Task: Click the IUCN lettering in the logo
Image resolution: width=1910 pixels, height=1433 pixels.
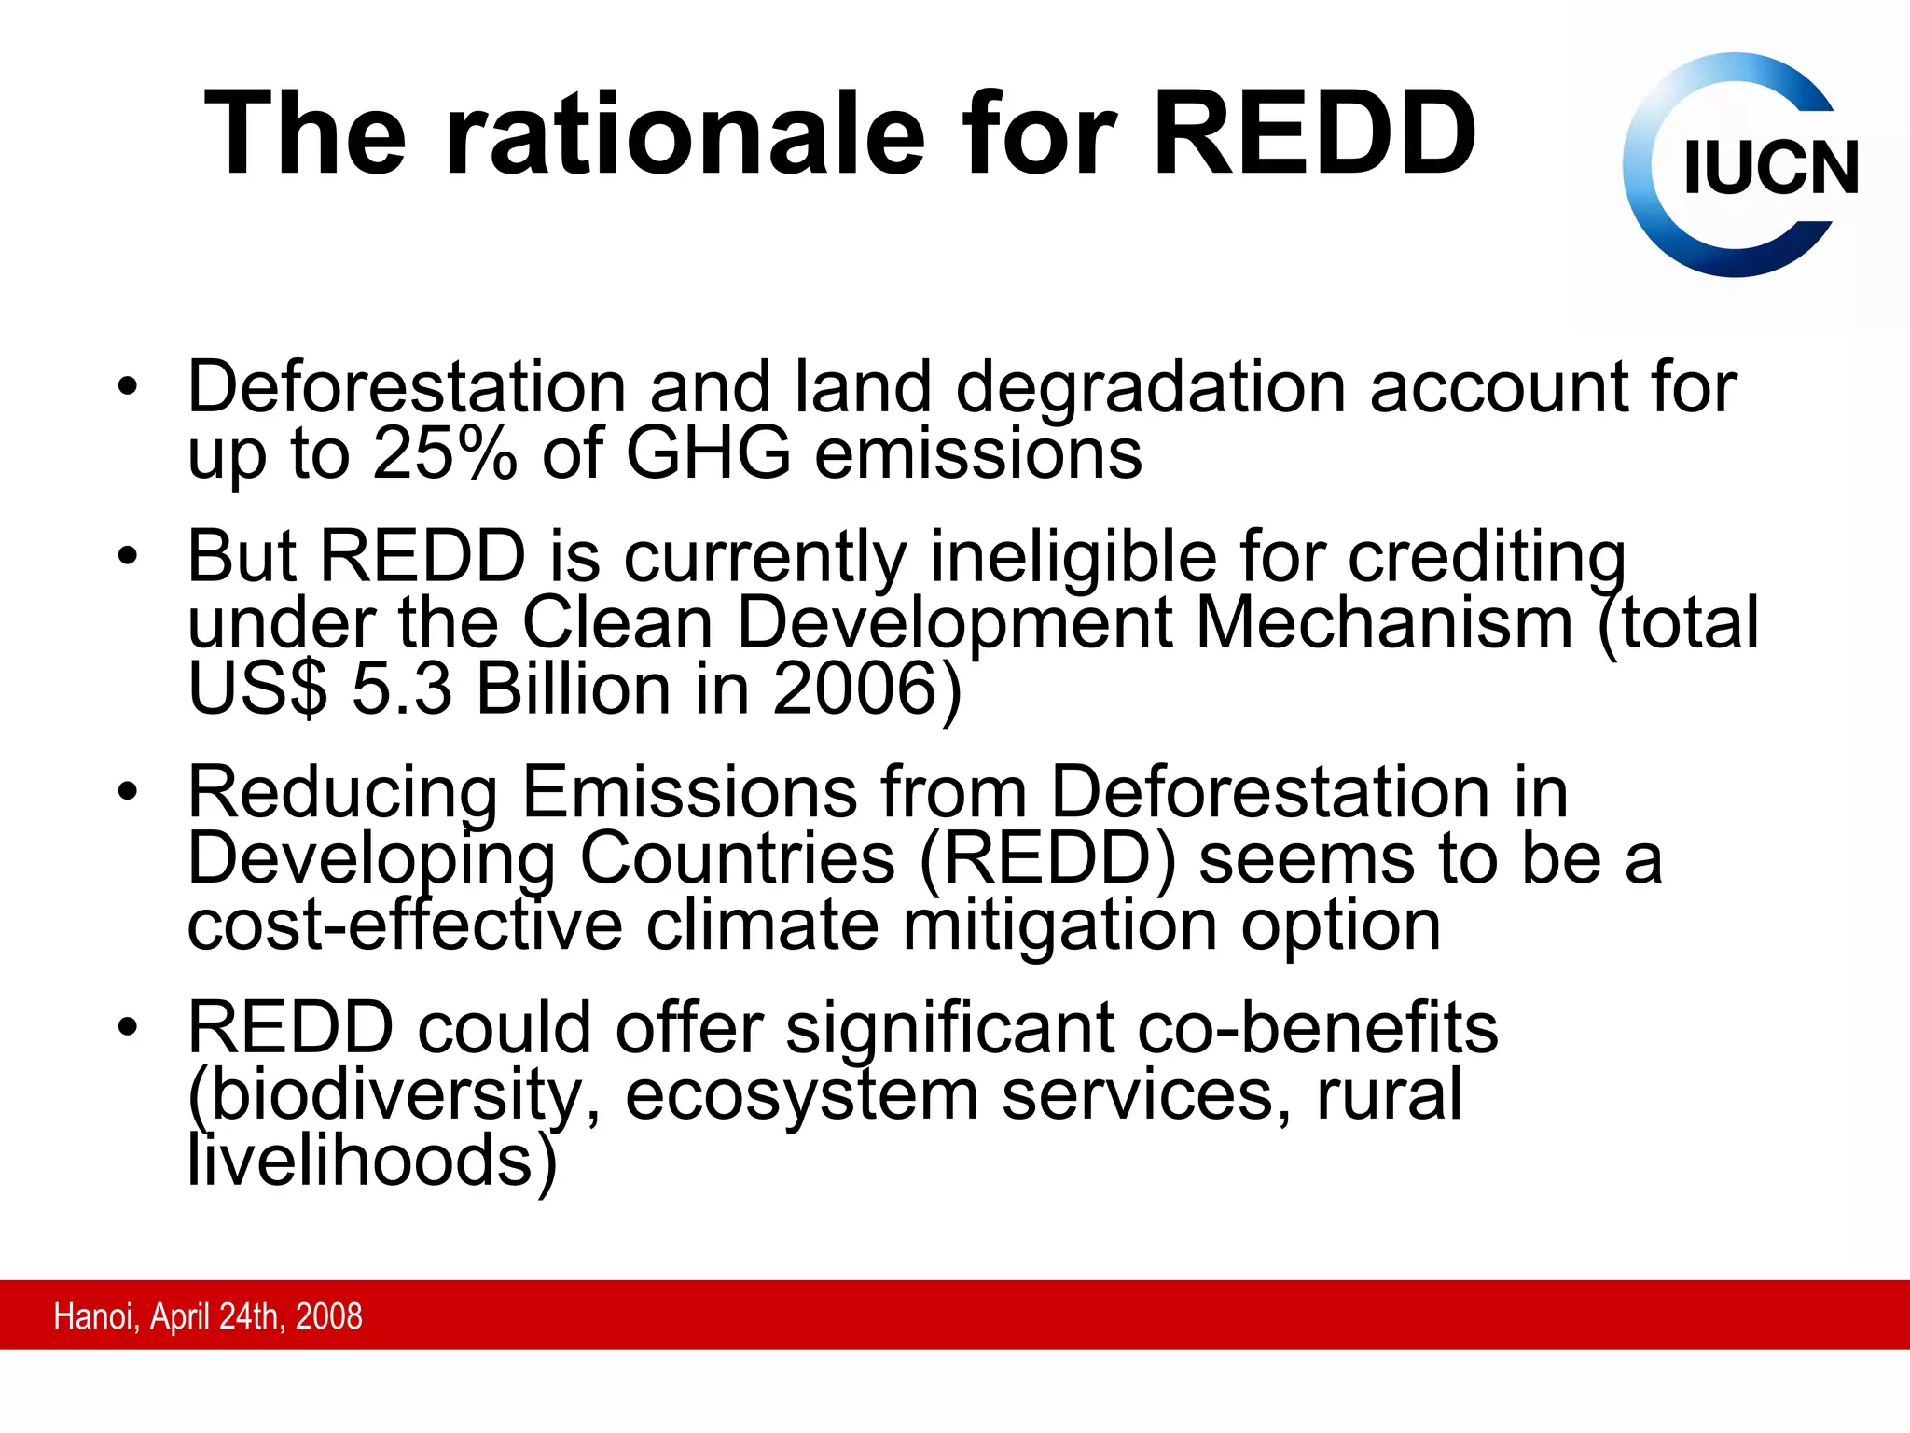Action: click(1770, 169)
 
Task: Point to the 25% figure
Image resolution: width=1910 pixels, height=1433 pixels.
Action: click(444, 454)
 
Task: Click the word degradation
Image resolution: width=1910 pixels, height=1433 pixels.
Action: click(1151, 386)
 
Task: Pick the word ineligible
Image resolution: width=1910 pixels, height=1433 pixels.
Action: click(1073, 557)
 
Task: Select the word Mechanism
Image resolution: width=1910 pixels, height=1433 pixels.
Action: click(1384, 623)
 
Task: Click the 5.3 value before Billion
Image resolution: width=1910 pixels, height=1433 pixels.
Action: click(401, 689)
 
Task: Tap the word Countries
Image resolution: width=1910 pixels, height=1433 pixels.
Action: click(737, 859)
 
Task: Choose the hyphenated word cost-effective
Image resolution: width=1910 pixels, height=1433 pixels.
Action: click(405, 925)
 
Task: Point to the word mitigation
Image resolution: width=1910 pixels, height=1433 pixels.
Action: click(1059, 925)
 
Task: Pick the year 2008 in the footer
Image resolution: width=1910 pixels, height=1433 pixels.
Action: click(328, 1316)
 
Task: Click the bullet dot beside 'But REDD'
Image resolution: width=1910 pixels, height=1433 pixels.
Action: click(128, 557)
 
